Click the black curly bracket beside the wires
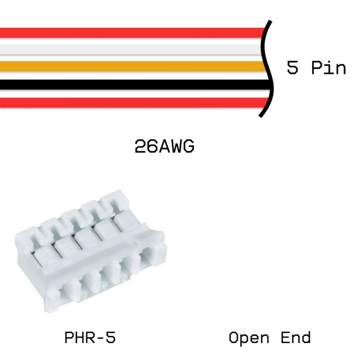pos(266,67)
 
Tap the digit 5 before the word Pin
pos(293,67)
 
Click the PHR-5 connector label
pos(90,338)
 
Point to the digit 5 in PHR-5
pos(110,338)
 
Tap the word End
pos(296,338)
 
